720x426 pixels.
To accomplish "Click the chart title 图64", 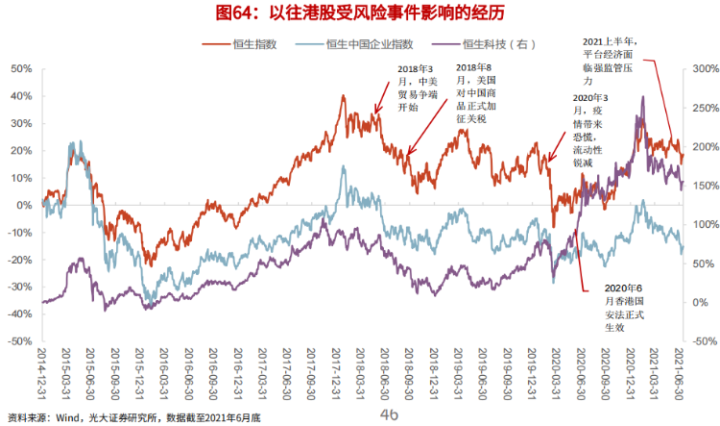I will coord(360,13).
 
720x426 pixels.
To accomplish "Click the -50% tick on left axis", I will coord(19,340).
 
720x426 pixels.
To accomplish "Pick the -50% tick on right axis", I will coord(699,340).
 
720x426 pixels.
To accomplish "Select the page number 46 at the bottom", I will coord(388,414).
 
